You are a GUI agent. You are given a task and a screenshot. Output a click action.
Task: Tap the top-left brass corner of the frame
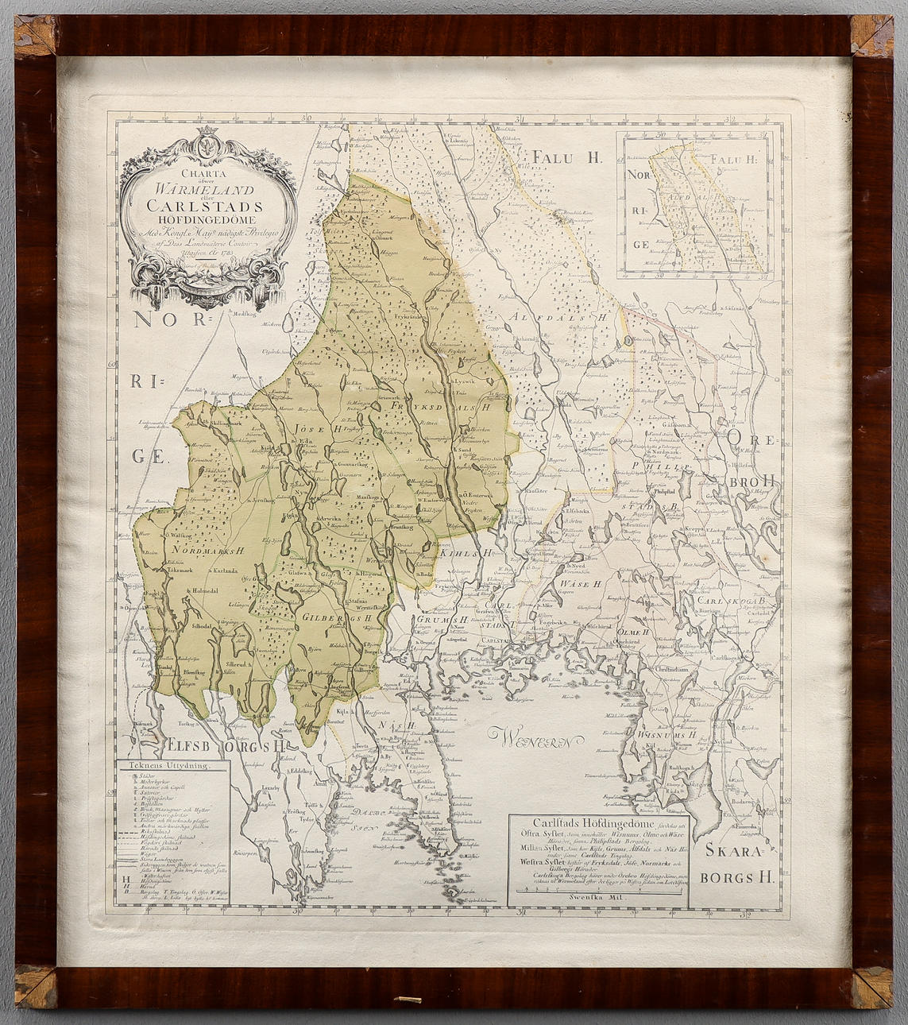(36, 36)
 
